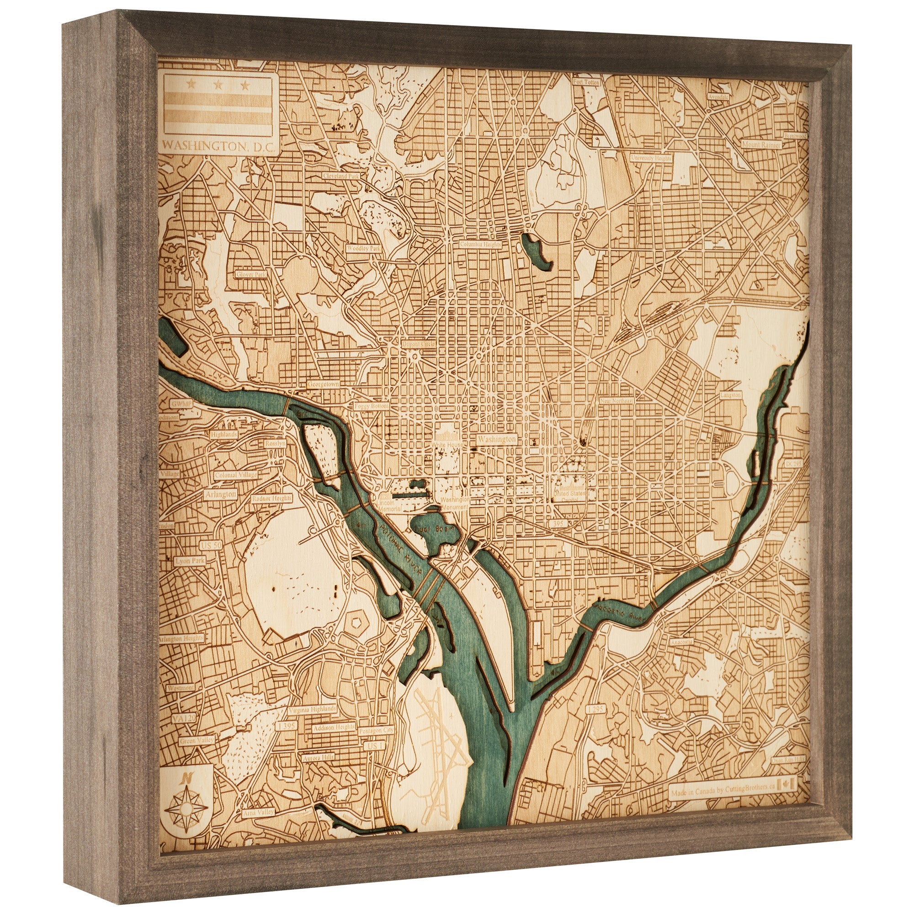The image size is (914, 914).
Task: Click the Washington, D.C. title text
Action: point(218,147)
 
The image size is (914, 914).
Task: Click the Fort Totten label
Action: point(586,82)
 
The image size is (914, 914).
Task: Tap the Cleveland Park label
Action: point(340,175)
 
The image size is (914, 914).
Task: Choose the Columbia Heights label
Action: point(481,244)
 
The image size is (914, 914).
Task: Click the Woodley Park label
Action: point(363,247)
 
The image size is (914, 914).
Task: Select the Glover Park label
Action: point(252,274)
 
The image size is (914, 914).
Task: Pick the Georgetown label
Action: point(324,385)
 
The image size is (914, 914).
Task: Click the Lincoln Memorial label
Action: point(390,506)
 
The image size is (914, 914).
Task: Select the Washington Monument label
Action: point(455,503)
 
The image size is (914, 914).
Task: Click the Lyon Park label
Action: point(190,561)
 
